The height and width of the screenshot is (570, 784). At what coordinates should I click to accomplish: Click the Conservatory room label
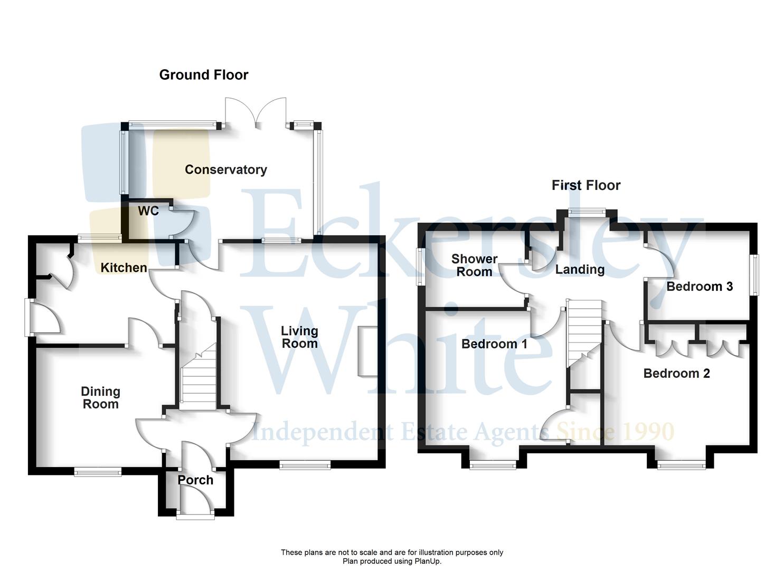click(225, 169)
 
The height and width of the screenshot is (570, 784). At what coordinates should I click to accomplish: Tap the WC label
click(148, 211)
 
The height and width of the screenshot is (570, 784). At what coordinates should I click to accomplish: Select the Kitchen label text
click(124, 268)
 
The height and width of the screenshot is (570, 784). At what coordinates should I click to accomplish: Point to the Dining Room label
click(100, 398)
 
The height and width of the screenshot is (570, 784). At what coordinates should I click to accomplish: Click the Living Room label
click(299, 337)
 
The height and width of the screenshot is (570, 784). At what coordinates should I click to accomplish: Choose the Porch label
click(195, 480)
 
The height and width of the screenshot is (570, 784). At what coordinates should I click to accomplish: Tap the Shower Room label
click(474, 265)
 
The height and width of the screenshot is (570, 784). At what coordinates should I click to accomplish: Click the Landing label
click(580, 270)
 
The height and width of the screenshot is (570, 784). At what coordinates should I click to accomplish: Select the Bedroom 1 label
click(494, 344)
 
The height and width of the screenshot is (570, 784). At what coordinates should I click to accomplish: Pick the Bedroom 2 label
click(676, 374)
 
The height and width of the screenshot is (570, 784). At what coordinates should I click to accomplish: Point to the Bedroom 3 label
click(700, 287)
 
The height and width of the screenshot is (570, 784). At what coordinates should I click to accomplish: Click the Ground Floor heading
click(204, 75)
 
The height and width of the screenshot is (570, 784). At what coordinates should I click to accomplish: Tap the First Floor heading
click(586, 185)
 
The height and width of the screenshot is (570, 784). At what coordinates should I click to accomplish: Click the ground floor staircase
click(199, 377)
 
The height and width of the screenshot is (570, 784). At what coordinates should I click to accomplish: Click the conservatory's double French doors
click(256, 113)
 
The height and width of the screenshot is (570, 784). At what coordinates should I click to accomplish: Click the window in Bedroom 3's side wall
click(755, 275)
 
